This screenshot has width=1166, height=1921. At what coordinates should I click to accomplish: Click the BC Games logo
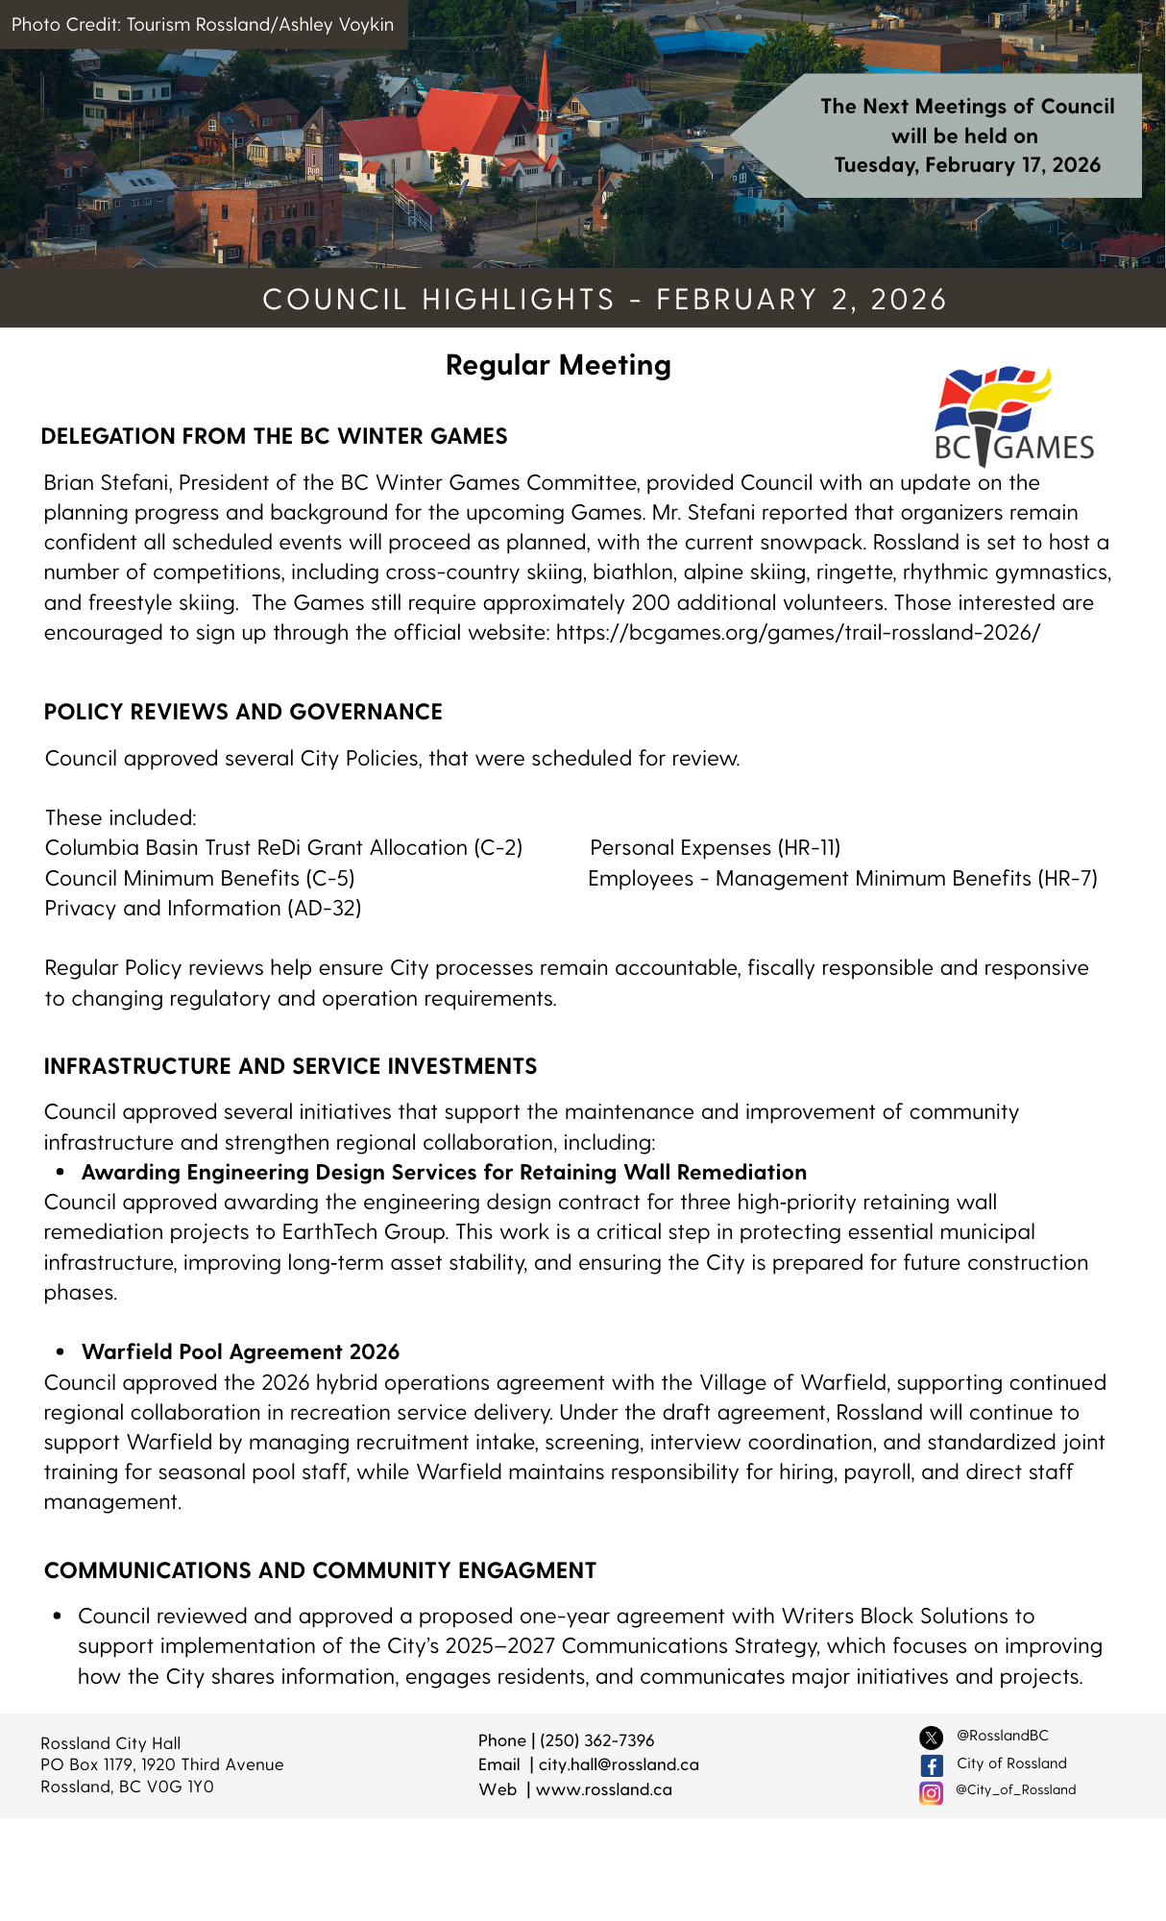point(1013,415)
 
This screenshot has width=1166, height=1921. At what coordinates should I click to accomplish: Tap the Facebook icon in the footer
point(932,1765)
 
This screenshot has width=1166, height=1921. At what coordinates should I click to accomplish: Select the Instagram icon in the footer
point(932,1792)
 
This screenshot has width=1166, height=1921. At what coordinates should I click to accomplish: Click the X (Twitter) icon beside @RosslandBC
point(932,1738)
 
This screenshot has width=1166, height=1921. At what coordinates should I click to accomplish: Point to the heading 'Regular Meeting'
point(558,365)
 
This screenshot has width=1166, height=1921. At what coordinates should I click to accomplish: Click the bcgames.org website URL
point(797,633)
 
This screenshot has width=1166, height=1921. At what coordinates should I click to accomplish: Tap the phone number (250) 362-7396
point(596,1740)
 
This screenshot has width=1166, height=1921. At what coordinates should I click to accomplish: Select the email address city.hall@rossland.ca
point(619,1764)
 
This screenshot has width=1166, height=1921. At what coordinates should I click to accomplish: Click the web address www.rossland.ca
point(603,1789)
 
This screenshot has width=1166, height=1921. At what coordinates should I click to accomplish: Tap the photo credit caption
point(203,25)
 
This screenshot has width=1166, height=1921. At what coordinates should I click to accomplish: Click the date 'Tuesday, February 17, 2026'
point(967,165)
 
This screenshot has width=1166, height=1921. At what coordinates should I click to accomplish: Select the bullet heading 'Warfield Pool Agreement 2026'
point(240,1352)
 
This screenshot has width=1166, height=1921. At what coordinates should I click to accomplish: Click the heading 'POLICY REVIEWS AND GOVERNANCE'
point(243,712)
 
